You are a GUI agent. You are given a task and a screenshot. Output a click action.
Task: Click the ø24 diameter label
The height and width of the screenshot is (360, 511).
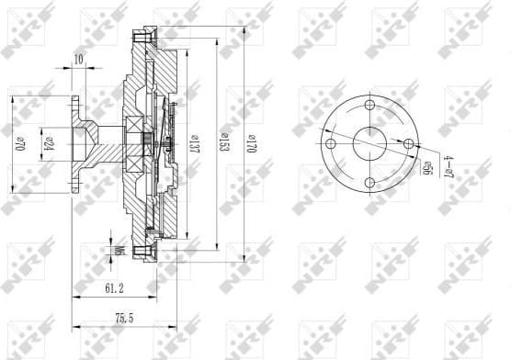[48, 144]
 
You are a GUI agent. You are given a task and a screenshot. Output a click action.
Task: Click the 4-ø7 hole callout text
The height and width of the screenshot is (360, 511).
[449, 168]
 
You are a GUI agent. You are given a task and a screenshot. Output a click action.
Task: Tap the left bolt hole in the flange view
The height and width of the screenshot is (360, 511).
[329, 144]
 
